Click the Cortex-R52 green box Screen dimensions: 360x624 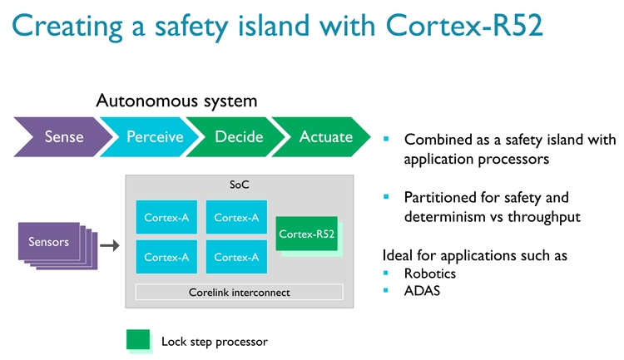[307, 234]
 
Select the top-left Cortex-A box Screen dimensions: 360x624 [166, 217]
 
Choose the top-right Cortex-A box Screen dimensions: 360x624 [236, 217]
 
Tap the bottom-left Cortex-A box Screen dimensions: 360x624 [166, 257]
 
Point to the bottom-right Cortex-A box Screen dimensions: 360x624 [236, 257]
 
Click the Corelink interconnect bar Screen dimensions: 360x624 [239, 292]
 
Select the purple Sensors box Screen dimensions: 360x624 [49, 243]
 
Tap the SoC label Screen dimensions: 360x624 [239, 185]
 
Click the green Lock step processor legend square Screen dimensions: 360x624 [138, 340]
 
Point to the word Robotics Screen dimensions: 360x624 [430, 274]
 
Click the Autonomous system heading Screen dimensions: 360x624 [176, 101]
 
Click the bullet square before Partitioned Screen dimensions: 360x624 [386, 198]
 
